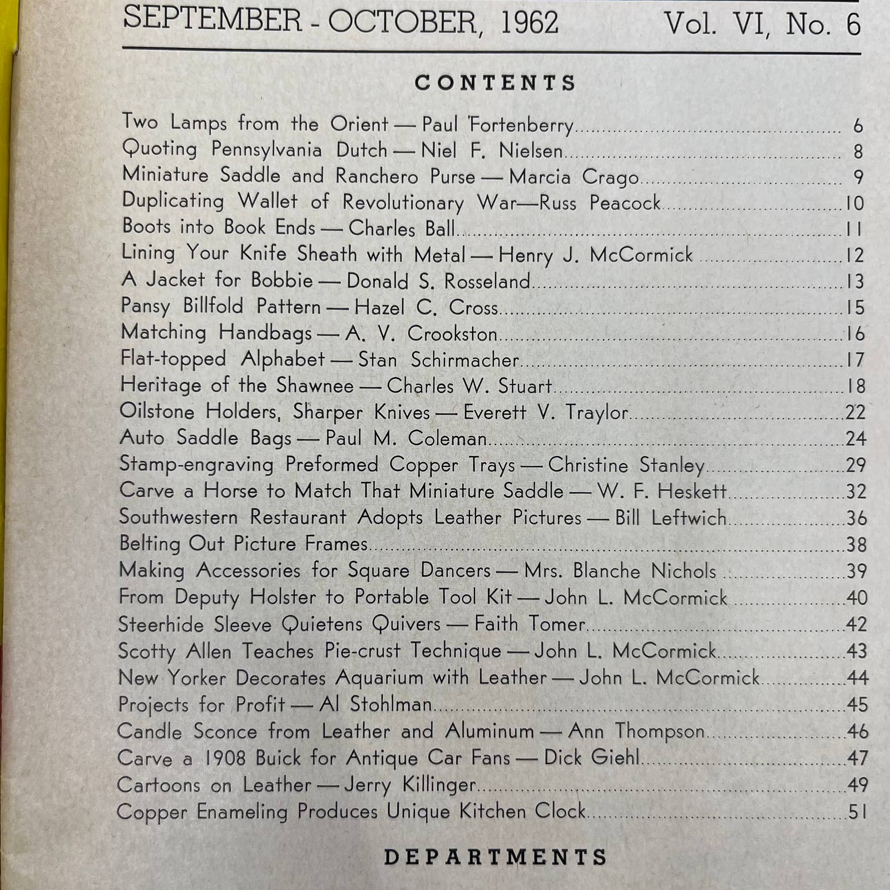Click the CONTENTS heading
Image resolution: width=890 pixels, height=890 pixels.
coord(495,83)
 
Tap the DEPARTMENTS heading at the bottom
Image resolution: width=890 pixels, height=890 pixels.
coord(495,857)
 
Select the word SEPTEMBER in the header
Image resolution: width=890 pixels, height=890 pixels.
coord(212,19)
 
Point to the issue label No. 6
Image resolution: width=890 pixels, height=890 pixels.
coord(823,24)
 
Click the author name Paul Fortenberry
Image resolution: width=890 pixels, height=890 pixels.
coord(497,125)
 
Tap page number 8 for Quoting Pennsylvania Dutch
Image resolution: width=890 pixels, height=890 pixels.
coord(858,151)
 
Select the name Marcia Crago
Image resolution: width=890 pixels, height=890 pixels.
coord(573,177)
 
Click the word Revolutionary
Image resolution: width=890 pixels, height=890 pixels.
coord(403,202)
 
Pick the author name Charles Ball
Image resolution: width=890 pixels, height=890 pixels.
coord(402,229)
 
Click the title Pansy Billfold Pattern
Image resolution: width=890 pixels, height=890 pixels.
coord(221,306)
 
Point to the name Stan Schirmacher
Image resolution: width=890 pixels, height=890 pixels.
coord(438,360)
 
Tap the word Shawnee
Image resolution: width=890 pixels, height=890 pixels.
coord(315,385)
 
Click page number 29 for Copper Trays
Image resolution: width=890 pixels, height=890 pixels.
coord(856,464)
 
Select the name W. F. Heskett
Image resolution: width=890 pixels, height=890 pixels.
coord(662,491)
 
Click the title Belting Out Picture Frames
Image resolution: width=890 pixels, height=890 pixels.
coord(244,543)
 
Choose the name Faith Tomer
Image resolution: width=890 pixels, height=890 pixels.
coord(530,624)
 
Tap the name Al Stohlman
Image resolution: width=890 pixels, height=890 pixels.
coord(375,704)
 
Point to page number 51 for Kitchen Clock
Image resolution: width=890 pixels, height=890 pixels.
coord(857,812)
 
